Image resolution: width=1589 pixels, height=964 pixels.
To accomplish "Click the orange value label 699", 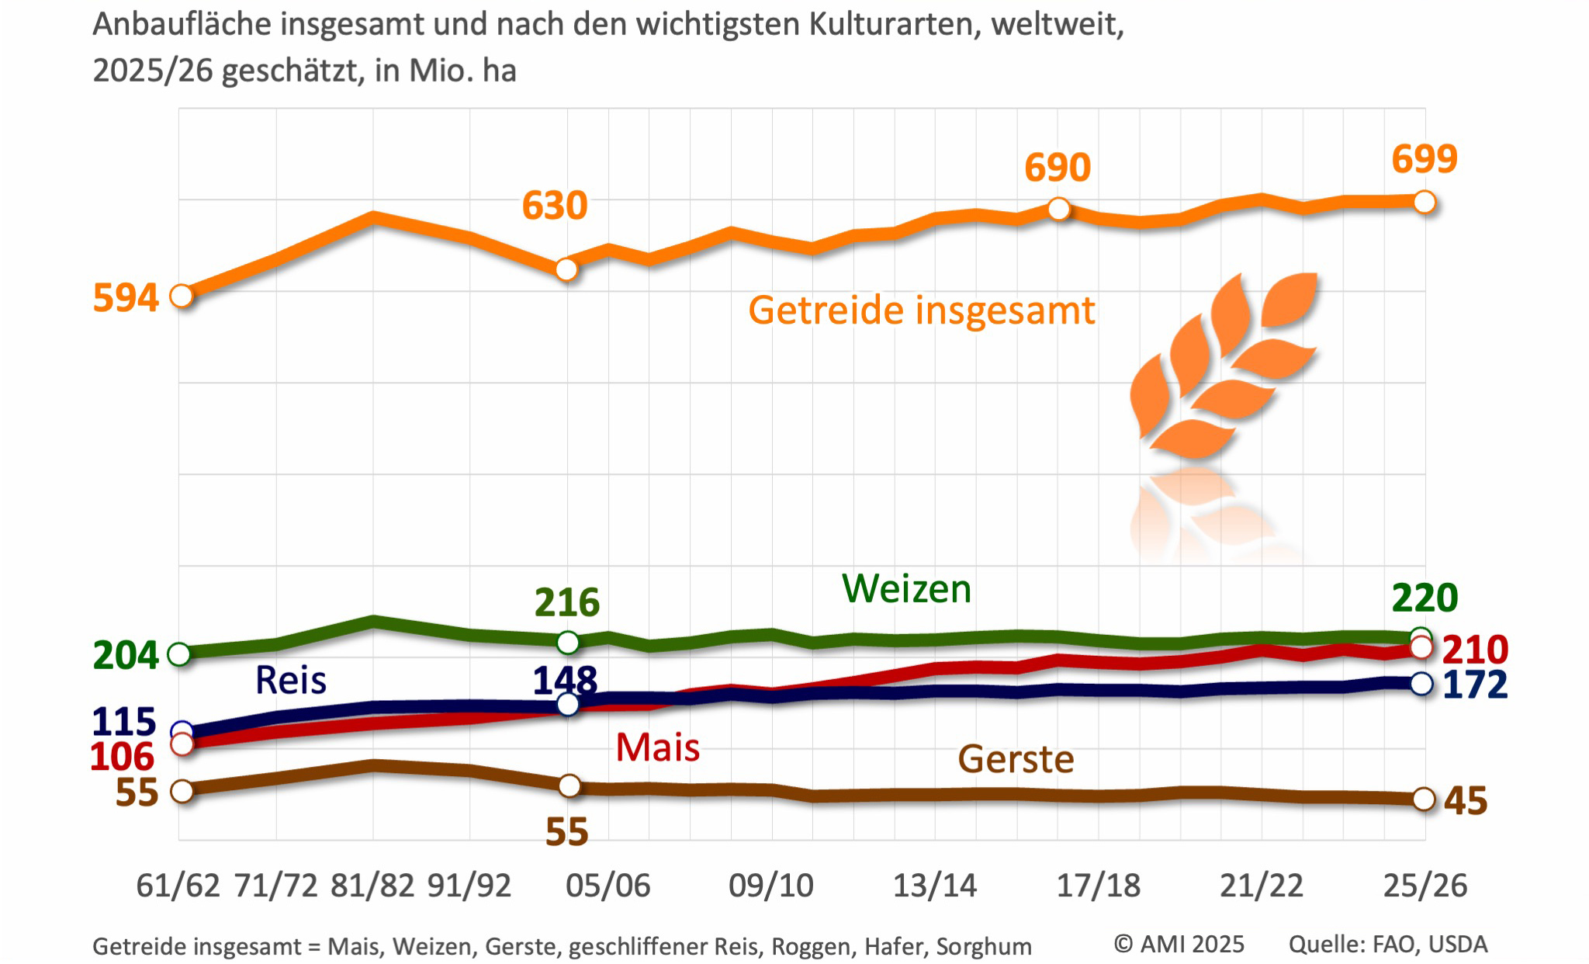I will (1425, 159).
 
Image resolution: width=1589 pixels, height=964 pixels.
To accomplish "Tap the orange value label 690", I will (1058, 168).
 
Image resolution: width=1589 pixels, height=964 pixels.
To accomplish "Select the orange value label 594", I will (126, 298).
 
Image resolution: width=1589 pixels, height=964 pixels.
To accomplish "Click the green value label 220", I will (1425, 598).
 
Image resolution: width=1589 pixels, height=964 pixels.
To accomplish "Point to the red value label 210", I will (1475, 650).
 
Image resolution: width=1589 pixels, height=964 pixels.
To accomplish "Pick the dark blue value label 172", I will (1475, 685).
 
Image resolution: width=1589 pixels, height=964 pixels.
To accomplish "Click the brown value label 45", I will (1466, 801).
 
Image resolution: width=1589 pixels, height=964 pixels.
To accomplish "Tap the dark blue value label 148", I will (565, 681).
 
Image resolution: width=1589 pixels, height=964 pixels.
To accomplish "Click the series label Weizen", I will (906, 589).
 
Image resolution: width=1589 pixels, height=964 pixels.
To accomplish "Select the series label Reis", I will (291, 681).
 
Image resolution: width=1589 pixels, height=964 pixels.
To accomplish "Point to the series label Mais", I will (657, 748).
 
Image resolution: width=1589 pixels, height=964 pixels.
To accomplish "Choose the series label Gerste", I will (1016, 759).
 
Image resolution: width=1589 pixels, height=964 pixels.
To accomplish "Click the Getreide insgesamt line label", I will (921, 310).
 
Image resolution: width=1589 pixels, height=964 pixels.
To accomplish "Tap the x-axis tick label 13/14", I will (934, 886).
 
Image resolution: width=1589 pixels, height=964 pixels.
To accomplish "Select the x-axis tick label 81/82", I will (372, 886).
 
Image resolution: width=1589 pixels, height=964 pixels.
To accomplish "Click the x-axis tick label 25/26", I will (1425, 886).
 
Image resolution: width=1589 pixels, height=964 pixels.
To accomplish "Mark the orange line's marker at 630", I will (567, 269).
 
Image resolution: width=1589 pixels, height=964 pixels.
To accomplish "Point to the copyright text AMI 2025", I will (1179, 945).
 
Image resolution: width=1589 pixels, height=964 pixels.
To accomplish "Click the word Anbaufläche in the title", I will (182, 25).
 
